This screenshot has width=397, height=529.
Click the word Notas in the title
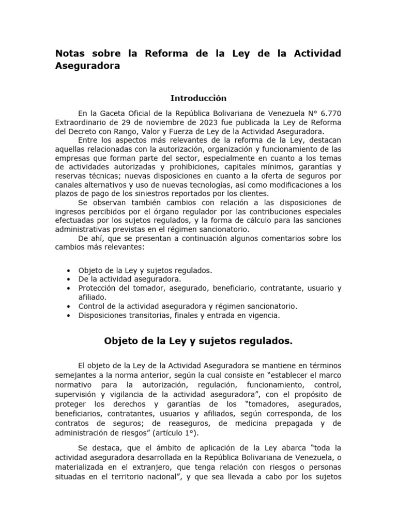(x=71, y=54)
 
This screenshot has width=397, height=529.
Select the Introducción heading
(x=198, y=98)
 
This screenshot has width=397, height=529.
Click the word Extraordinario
(x=80, y=122)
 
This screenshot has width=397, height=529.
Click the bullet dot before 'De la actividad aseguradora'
(x=69, y=279)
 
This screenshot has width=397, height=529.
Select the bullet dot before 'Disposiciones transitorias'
(x=69, y=315)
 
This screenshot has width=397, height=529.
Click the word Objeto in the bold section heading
(x=122, y=340)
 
